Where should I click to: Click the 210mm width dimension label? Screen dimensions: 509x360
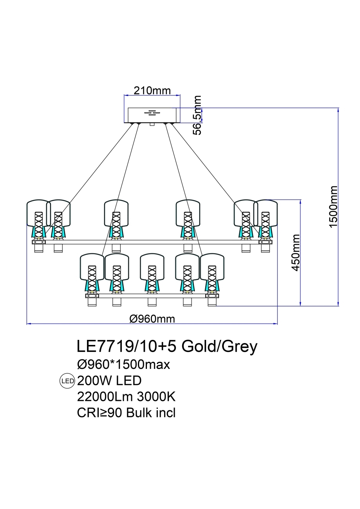(x=152, y=91)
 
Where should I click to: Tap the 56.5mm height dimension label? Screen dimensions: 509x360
(x=198, y=115)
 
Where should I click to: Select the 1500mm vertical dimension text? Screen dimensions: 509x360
(x=333, y=206)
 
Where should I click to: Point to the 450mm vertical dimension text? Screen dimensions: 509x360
(x=296, y=253)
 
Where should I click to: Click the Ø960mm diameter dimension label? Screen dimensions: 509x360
(x=152, y=319)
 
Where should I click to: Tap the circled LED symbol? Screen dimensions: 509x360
(x=67, y=381)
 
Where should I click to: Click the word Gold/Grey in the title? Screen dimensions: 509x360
(x=220, y=347)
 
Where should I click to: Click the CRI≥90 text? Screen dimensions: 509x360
(x=100, y=413)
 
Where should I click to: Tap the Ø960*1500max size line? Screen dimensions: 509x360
(x=124, y=365)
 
